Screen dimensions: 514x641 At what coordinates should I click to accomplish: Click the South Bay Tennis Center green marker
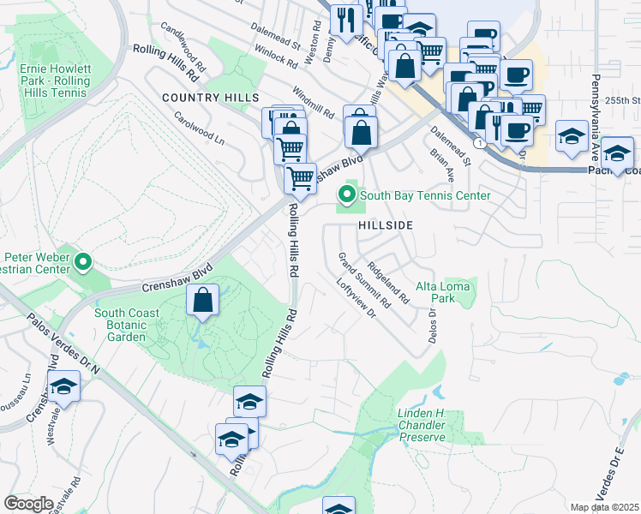(x=347, y=196)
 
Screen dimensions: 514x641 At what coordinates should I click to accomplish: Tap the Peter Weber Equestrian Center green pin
(x=82, y=261)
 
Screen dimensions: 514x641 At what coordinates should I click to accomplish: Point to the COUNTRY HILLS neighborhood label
(x=198, y=99)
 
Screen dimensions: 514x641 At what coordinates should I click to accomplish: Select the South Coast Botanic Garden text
(x=127, y=320)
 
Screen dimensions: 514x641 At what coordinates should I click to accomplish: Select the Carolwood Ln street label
(x=199, y=128)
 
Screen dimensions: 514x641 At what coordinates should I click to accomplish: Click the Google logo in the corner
(x=29, y=504)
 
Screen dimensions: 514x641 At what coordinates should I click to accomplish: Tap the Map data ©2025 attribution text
(x=604, y=507)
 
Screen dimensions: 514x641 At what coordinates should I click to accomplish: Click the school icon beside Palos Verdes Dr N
(x=63, y=388)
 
